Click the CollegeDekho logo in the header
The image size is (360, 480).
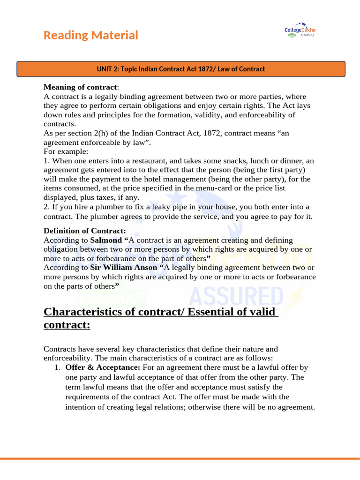pos(300,30)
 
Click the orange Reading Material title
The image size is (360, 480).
pos(90,35)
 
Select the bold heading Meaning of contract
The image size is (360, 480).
pos(80,87)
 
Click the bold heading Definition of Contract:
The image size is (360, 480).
pos(84,231)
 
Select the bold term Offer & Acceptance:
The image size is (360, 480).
pos(103,367)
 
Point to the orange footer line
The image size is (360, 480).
pos(180,458)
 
